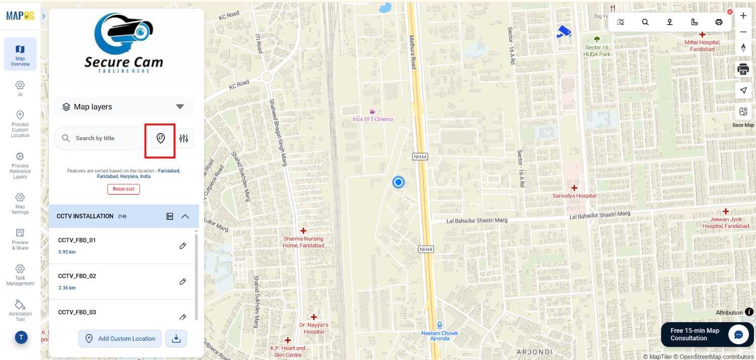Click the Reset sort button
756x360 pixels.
pyautogui.click(x=123, y=189)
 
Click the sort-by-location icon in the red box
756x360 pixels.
pyautogui.click(x=161, y=138)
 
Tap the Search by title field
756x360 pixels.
pyautogui.click(x=101, y=138)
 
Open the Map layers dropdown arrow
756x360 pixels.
pyautogui.click(x=180, y=107)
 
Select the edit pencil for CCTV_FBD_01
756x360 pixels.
pyautogui.click(x=183, y=246)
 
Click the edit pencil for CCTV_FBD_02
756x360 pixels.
pyautogui.click(x=183, y=281)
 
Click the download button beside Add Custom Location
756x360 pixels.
pyautogui.click(x=176, y=339)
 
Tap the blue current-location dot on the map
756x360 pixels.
pyautogui.click(x=399, y=183)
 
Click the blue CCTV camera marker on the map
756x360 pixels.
pyautogui.click(x=564, y=32)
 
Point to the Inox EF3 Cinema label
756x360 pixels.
pyautogui.click(x=373, y=119)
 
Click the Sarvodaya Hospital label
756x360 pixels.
pyautogui.click(x=574, y=196)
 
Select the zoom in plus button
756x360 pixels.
pyautogui.click(x=743, y=16)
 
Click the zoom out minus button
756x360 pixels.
pyautogui.click(x=743, y=32)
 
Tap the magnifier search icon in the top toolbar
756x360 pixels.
pyautogui.click(x=645, y=22)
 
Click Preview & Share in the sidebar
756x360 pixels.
pyautogui.click(x=20, y=238)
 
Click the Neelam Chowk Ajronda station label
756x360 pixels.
pyautogui.click(x=439, y=335)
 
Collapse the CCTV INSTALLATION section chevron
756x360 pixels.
pyautogui.click(x=185, y=216)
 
